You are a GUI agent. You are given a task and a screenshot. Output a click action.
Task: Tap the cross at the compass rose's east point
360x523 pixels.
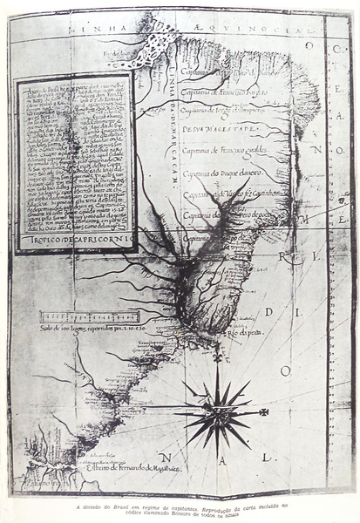(264, 411)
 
